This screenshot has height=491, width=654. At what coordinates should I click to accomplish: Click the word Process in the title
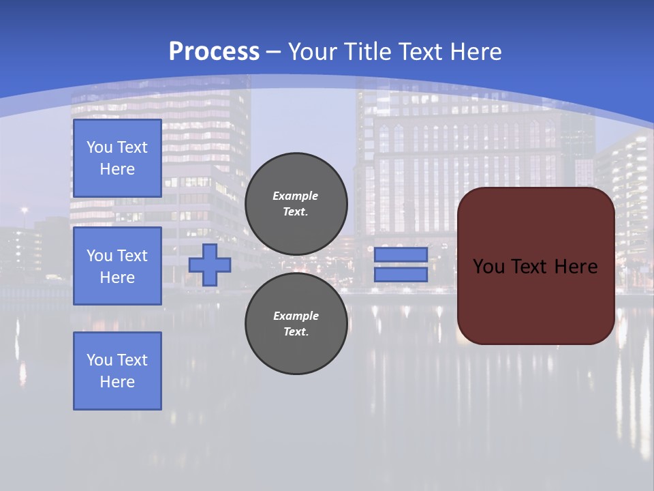[214, 52]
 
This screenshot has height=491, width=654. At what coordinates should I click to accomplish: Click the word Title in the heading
[365, 52]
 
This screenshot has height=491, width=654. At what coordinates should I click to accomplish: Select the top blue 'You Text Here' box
[117, 158]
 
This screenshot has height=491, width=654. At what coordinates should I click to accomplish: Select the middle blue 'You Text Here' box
[117, 266]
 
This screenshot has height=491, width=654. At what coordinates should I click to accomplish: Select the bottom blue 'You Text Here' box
[117, 371]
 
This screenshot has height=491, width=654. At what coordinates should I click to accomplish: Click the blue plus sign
[210, 265]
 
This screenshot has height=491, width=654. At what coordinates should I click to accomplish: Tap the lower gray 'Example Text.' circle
[296, 323]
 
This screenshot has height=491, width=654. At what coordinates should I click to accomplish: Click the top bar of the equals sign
[401, 254]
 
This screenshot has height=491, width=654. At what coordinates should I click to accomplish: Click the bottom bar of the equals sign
[401, 274]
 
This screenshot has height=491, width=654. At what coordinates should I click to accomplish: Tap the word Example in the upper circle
[296, 196]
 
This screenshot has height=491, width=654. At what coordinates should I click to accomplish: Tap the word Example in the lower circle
[296, 316]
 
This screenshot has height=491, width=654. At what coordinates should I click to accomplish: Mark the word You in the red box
[488, 267]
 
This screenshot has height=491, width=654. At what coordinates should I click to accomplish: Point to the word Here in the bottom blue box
[117, 382]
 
